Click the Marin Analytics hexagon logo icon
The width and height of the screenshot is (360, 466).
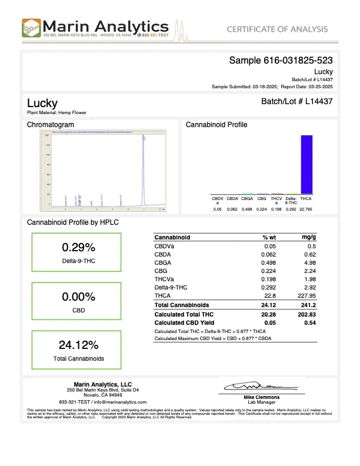[x=31, y=28]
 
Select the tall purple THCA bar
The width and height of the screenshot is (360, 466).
[x=306, y=164]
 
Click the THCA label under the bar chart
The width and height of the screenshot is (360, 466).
[x=306, y=199]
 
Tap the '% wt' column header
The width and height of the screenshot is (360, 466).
[x=269, y=237]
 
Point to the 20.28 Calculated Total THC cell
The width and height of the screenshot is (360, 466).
[x=270, y=314]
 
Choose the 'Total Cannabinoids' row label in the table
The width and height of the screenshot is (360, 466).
[x=181, y=305]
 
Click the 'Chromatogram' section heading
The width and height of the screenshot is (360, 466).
[x=51, y=125]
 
